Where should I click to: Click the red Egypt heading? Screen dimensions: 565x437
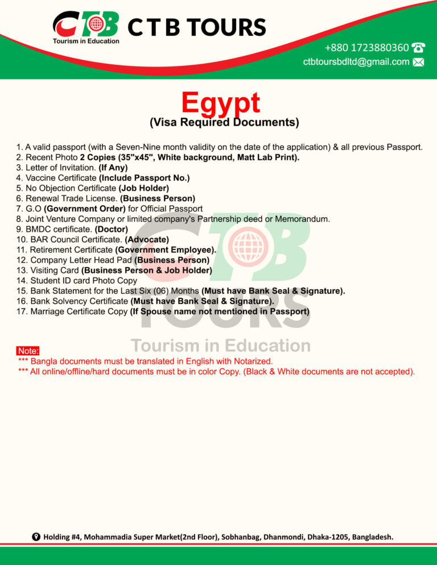click(221, 103)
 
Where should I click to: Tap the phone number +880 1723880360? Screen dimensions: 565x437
click(366, 48)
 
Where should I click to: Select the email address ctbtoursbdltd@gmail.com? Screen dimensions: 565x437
click(356, 62)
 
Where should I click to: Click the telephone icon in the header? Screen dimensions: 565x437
click(418, 48)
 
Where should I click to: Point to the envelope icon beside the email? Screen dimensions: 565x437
click(418, 63)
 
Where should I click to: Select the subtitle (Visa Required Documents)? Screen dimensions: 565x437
click(224, 122)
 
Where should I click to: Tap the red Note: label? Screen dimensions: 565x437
click(28, 351)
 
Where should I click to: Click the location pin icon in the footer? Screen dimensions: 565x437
click(36, 537)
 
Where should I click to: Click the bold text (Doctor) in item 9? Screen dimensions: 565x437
click(112, 229)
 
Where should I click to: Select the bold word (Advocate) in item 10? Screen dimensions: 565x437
click(147, 239)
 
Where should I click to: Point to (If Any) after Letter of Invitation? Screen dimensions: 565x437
click(113, 168)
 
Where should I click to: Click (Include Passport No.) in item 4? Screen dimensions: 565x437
click(144, 178)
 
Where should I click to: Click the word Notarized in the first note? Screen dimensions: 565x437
click(250, 361)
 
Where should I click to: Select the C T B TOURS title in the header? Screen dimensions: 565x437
click(197, 27)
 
